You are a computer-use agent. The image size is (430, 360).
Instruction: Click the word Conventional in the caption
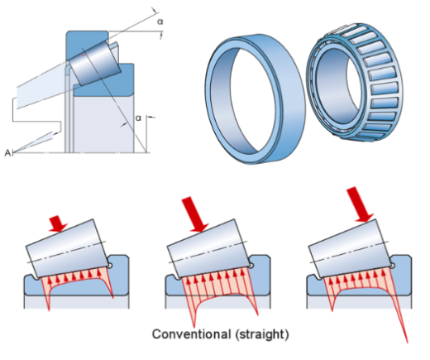(191, 334)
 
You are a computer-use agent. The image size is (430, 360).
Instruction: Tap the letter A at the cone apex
(7, 152)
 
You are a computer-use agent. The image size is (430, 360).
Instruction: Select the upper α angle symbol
(160, 22)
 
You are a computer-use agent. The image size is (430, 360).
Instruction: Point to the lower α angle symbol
(138, 118)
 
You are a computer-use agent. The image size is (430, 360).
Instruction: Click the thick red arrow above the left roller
(58, 223)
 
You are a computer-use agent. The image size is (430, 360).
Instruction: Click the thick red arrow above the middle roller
(195, 214)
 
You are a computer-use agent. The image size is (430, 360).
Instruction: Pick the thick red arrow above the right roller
(360, 204)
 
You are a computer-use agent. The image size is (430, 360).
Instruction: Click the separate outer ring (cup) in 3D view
(255, 98)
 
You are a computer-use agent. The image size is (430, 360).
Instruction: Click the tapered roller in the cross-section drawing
(94, 64)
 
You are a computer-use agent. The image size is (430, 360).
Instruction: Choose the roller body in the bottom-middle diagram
(209, 248)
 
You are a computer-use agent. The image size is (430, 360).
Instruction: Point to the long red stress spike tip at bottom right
(407, 343)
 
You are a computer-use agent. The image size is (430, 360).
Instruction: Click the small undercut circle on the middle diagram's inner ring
(252, 266)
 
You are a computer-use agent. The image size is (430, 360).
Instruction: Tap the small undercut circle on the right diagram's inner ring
(393, 266)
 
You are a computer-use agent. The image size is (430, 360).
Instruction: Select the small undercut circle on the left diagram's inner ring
(110, 266)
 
